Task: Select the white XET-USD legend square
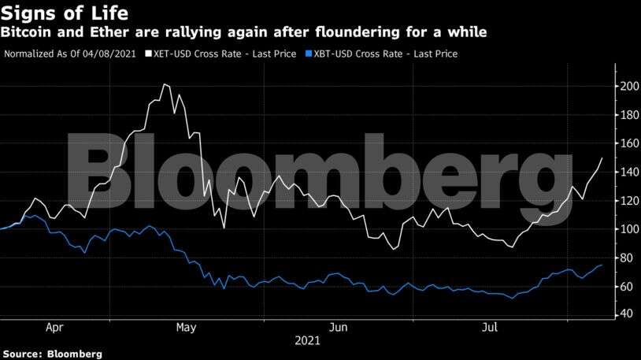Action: pos(148,54)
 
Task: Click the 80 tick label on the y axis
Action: pos(625,258)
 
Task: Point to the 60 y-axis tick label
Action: pos(625,287)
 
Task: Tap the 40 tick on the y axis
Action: pos(625,314)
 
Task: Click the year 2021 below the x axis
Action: pos(306,341)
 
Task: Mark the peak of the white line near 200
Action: pos(165,84)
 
